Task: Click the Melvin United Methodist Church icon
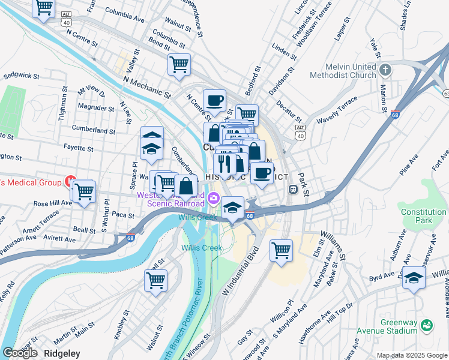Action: pyautogui.click(x=385, y=71)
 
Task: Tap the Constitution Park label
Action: pyautogui.click(x=423, y=216)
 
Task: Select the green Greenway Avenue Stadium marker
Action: pyautogui.click(x=427, y=326)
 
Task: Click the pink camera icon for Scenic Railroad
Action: pyautogui.click(x=213, y=198)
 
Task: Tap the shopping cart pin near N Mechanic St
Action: pyautogui.click(x=179, y=64)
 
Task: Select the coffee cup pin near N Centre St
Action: pyautogui.click(x=214, y=100)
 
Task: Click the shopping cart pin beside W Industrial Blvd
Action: pyautogui.click(x=281, y=250)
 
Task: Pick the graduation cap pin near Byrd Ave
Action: pyautogui.click(x=414, y=278)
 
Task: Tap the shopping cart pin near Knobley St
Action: pyautogui.click(x=156, y=280)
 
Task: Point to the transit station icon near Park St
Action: pyautogui.click(x=294, y=189)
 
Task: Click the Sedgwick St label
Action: pyautogui.click(x=21, y=77)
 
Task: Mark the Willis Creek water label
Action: pyautogui.click(x=202, y=248)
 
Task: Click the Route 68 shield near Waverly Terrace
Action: pyautogui.click(x=394, y=114)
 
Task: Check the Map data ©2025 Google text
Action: pyautogui.click(x=412, y=355)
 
